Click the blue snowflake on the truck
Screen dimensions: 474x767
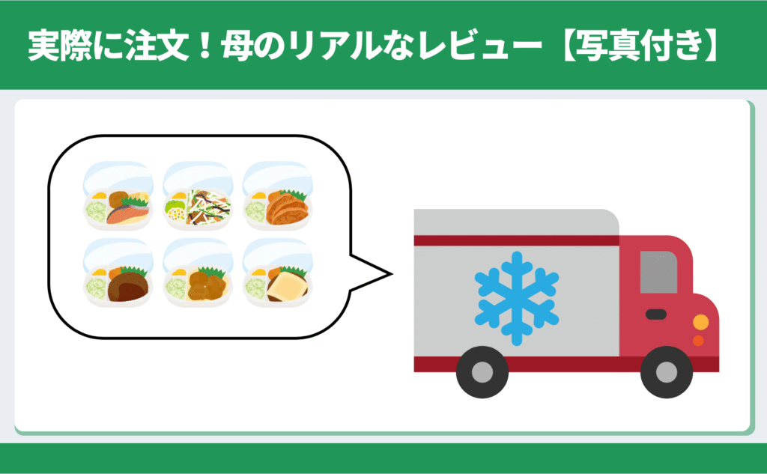click(517, 298)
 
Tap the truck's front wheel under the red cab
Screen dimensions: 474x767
click(667, 371)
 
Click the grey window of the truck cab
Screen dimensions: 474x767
click(658, 272)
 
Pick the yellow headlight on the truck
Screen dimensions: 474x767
click(700, 323)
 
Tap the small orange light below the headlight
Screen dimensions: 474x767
click(698, 341)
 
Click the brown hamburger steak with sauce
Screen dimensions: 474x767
click(125, 287)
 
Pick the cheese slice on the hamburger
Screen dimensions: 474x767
click(287, 285)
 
